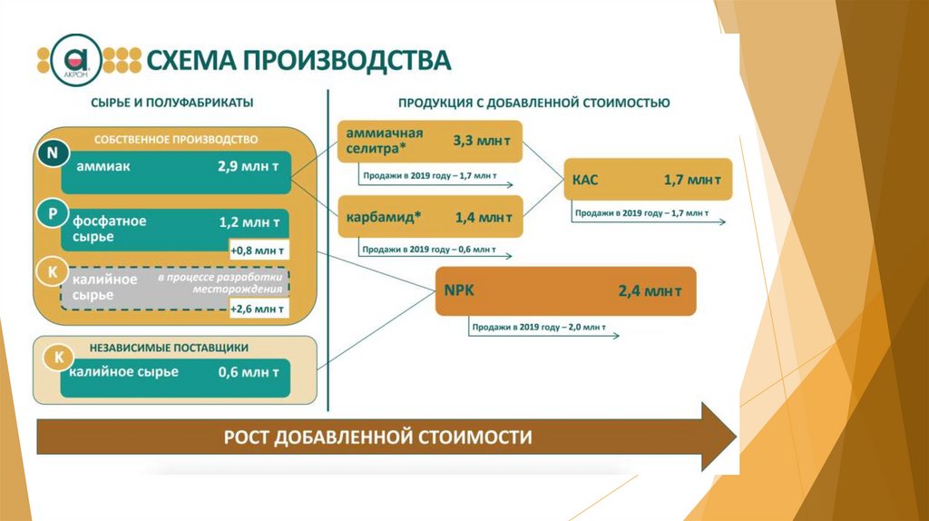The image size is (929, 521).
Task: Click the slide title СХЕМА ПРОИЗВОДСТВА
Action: pyautogui.click(x=298, y=60)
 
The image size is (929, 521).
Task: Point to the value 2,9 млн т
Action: pyautogui.click(x=248, y=167)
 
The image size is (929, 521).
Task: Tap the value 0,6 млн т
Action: pyautogui.click(x=248, y=371)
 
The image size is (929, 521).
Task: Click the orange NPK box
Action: pyautogui.click(x=565, y=291)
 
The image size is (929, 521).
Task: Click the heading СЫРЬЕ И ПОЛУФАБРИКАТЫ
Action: pyautogui.click(x=171, y=103)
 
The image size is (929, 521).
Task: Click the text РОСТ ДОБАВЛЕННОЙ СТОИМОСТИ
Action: pyautogui.click(x=377, y=437)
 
